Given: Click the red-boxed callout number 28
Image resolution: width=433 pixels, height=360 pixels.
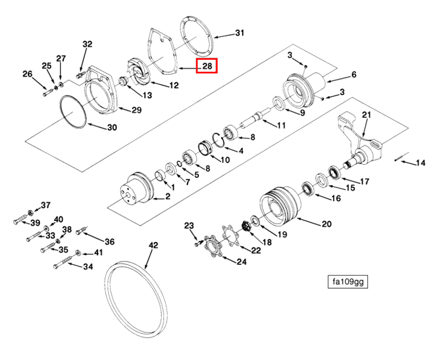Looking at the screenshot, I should pyautogui.click(x=207, y=66).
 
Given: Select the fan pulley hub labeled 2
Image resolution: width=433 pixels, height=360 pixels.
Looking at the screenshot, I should pyautogui.click(x=134, y=188).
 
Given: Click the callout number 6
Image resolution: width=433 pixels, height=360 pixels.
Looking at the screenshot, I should pyautogui.click(x=354, y=75).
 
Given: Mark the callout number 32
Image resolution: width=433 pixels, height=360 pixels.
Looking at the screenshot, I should pyautogui.click(x=87, y=44).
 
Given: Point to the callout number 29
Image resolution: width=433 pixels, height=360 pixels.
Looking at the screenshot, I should pyautogui.click(x=136, y=109).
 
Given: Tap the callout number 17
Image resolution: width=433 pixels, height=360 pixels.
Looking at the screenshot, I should pyautogui.click(x=364, y=182).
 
